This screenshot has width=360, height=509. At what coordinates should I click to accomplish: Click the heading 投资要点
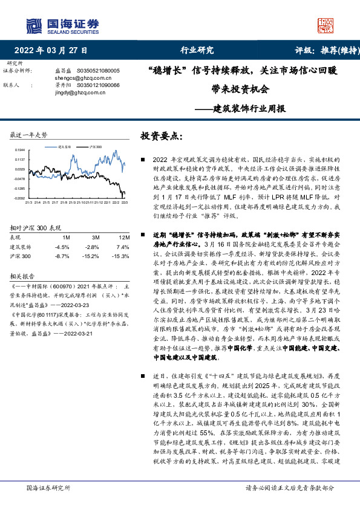pos(161,135)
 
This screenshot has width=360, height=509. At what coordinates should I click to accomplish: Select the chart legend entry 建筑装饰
pos(65,146)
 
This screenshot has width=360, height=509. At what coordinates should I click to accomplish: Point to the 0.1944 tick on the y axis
pos(20,150)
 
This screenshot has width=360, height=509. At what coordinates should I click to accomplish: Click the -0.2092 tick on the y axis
pos(19,198)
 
